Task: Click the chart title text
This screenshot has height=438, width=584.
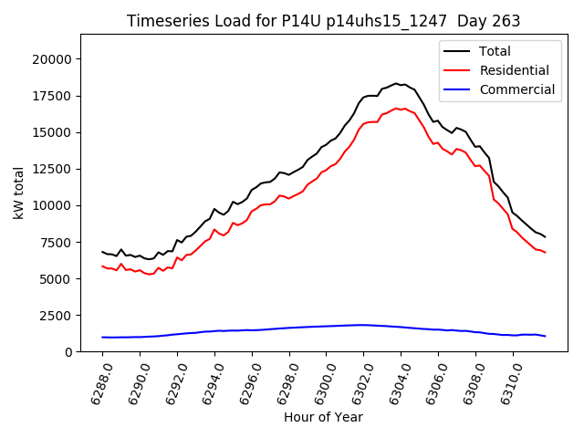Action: click(x=324, y=21)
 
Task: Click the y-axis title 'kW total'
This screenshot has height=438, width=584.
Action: click(x=19, y=193)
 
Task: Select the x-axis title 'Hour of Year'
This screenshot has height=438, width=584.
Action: click(x=324, y=417)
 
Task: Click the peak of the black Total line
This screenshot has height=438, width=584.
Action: click(x=396, y=83)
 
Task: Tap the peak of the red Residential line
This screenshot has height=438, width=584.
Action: click(x=396, y=108)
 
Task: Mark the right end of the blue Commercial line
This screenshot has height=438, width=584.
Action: click(x=545, y=337)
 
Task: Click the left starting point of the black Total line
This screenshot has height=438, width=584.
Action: click(x=102, y=252)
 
